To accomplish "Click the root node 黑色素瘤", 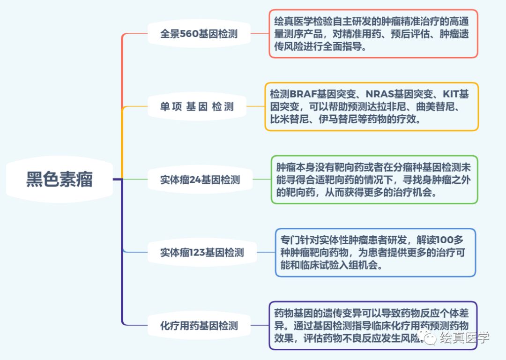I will pyautogui.click(x=60, y=179).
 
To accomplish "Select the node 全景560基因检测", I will pyautogui.click(x=199, y=34).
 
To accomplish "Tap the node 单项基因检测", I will pyautogui.click(x=197, y=106).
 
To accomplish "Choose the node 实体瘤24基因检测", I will pyautogui.click(x=200, y=180).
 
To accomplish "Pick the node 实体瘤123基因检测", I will pyautogui.click(x=202, y=253).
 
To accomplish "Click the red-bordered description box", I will pyautogui.click(x=373, y=34).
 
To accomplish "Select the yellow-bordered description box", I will pyautogui.click(x=372, y=106).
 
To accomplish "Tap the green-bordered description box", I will pyautogui.click(x=374, y=180).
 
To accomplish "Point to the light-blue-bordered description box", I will pyautogui.click(x=375, y=253).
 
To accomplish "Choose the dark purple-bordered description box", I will pyautogui.click(x=373, y=325).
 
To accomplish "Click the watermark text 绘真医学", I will pyautogui.click(x=464, y=337).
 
